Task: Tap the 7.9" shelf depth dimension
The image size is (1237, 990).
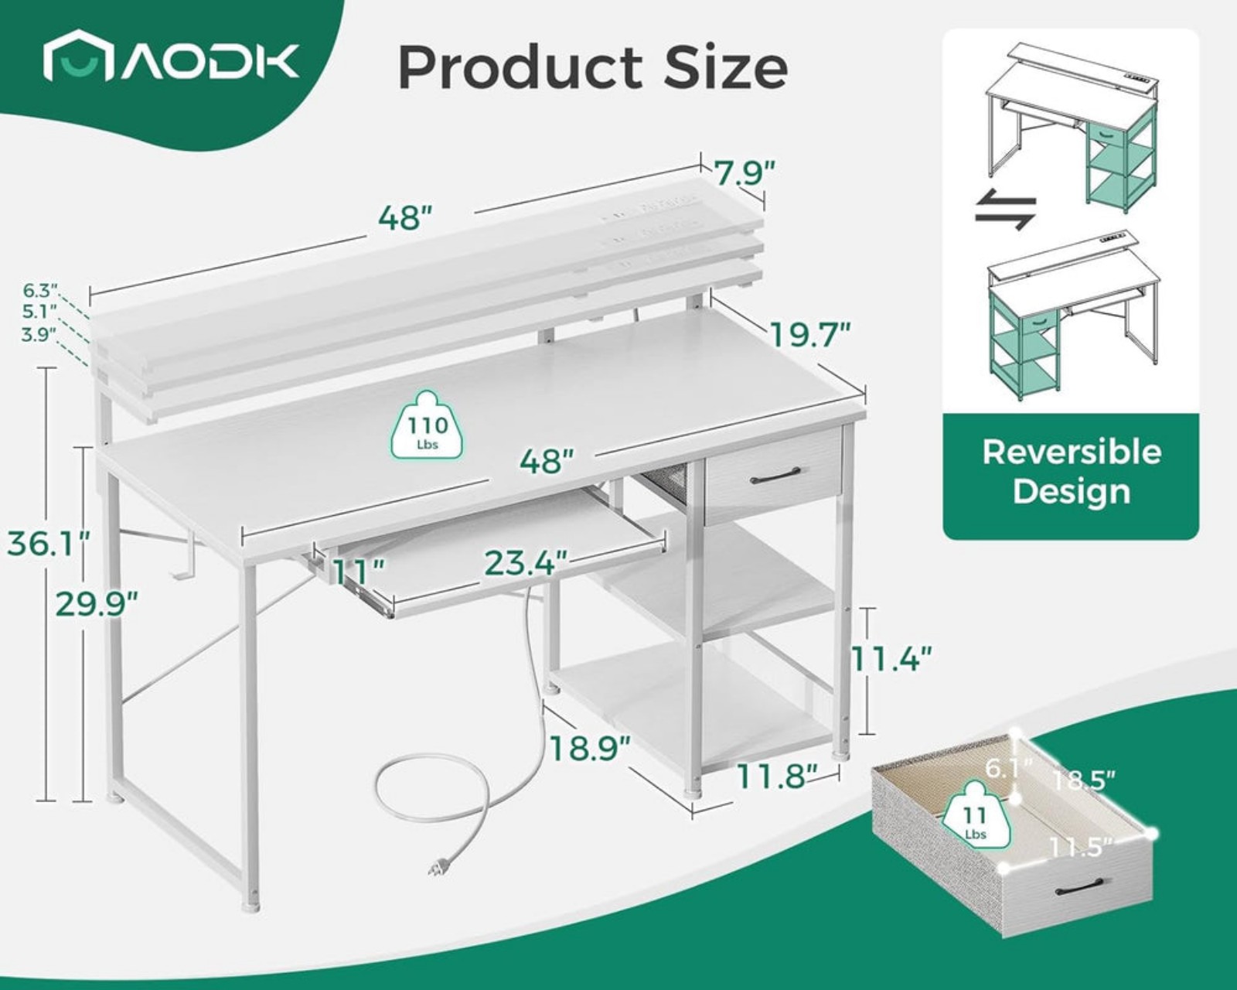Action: click(x=745, y=173)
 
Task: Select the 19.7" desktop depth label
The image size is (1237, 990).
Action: click(x=810, y=335)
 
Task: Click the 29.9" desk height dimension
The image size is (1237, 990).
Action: click(x=97, y=603)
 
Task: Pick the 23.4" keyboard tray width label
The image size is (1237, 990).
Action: click(x=526, y=563)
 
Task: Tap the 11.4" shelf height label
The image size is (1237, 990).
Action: click(x=890, y=658)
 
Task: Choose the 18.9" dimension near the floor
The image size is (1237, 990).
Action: click(x=591, y=749)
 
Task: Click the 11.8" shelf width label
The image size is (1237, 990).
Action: click(x=776, y=777)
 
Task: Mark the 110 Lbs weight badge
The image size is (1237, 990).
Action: click(x=428, y=425)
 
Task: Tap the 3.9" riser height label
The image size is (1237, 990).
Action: click(x=39, y=335)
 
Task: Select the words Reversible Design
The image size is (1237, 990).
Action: click(x=1072, y=471)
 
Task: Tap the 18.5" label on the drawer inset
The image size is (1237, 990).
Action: click(x=1084, y=781)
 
